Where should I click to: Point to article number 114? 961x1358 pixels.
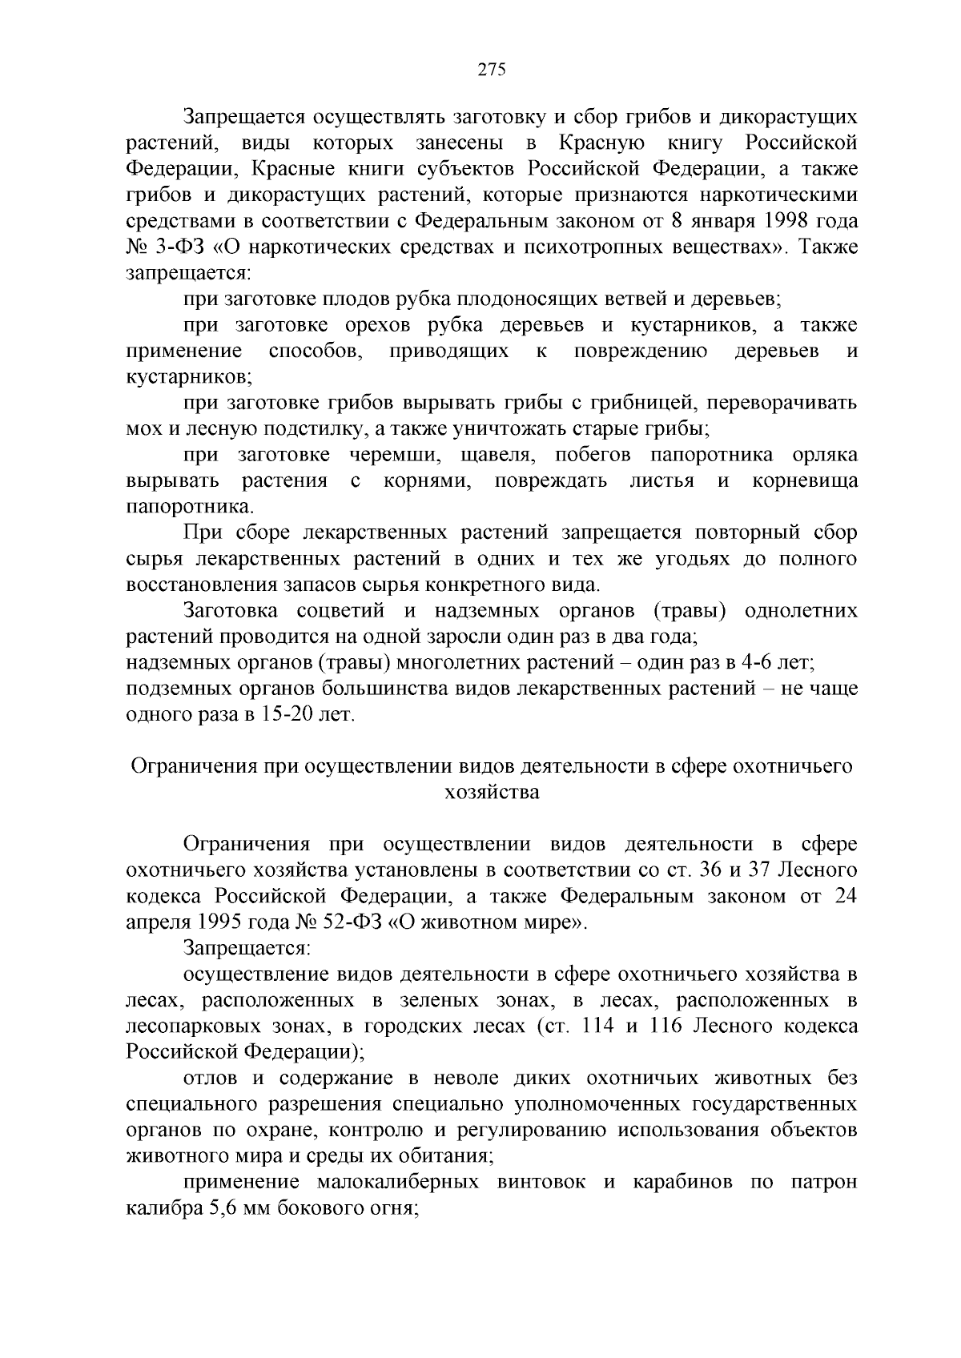pos(592,1027)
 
